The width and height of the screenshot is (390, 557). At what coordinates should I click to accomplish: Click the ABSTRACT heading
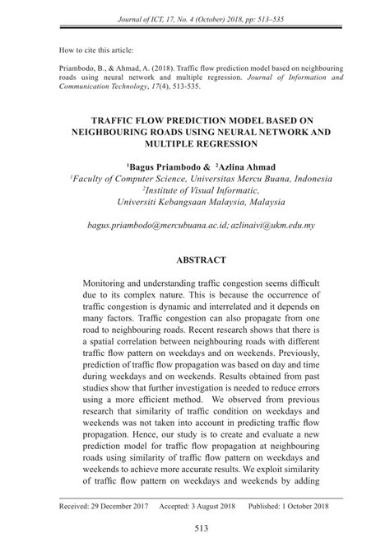194,260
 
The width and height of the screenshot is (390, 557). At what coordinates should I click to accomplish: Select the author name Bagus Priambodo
160,166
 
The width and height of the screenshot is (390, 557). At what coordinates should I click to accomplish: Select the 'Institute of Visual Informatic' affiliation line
197,189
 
